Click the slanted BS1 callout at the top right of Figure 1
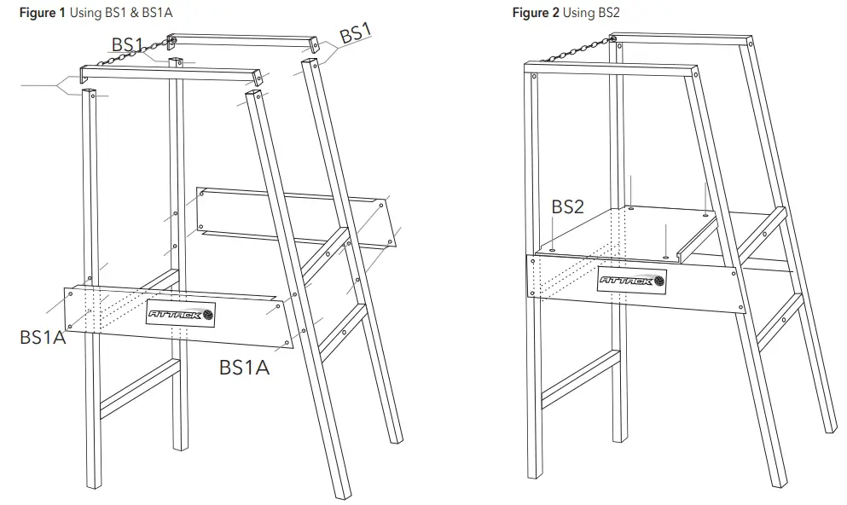[356, 35]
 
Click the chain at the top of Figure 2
[571, 49]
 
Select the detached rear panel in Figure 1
[294, 218]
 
